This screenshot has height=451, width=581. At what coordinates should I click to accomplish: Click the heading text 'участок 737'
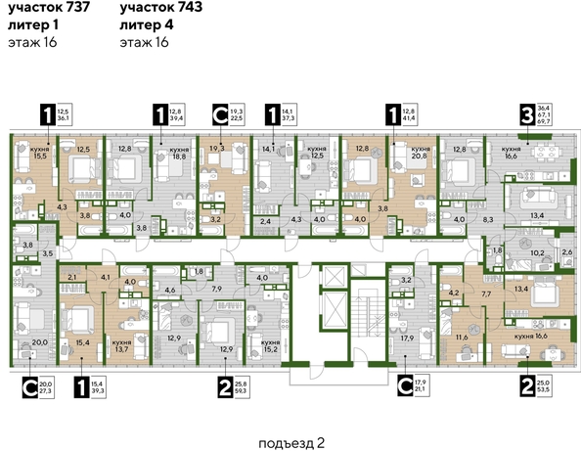click(x=45, y=9)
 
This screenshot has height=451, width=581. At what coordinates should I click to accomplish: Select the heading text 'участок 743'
click(x=157, y=9)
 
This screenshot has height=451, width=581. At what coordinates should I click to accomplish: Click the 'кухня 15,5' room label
click(x=39, y=152)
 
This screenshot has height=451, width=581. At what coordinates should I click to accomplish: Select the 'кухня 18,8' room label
click(x=179, y=152)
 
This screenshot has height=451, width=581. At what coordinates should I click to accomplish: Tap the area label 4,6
click(x=169, y=291)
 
